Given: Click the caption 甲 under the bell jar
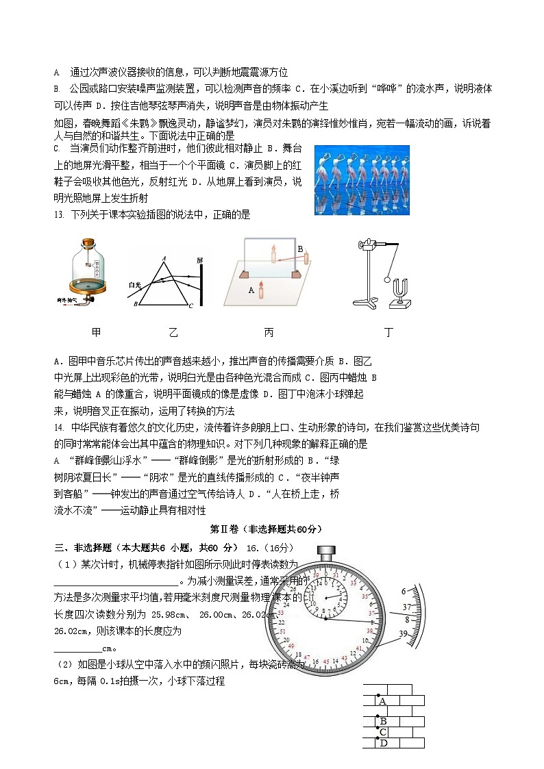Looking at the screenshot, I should (97, 332).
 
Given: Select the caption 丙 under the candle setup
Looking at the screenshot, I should (269, 332).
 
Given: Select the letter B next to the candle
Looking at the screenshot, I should (299, 249).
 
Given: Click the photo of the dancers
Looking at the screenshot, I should (351, 179).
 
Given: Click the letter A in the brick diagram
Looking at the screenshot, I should (382, 701).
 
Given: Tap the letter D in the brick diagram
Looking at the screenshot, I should (384, 744).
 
